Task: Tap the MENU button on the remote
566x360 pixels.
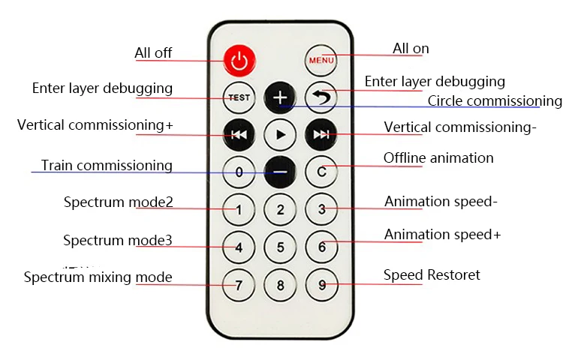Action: point(321,60)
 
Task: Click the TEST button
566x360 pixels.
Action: point(239,97)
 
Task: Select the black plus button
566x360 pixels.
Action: point(280,97)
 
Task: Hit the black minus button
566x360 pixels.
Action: point(280,172)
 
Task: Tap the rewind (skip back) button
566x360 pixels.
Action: point(239,134)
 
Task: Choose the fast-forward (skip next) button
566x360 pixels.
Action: point(321,134)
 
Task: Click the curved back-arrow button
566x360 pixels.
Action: point(321,97)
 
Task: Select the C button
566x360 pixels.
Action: point(321,172)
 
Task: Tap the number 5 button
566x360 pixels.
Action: point(280,247)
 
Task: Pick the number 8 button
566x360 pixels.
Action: point(280,285)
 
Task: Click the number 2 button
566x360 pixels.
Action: point(280,209)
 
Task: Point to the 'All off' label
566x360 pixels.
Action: point(153,53)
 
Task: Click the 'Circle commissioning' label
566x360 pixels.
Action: point(495,101)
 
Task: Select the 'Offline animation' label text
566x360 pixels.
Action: point(438,158)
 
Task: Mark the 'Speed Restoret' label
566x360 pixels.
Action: point(432,274)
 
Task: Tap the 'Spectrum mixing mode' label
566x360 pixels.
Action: point(98,277)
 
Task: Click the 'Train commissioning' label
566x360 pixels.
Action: point(107,165)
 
